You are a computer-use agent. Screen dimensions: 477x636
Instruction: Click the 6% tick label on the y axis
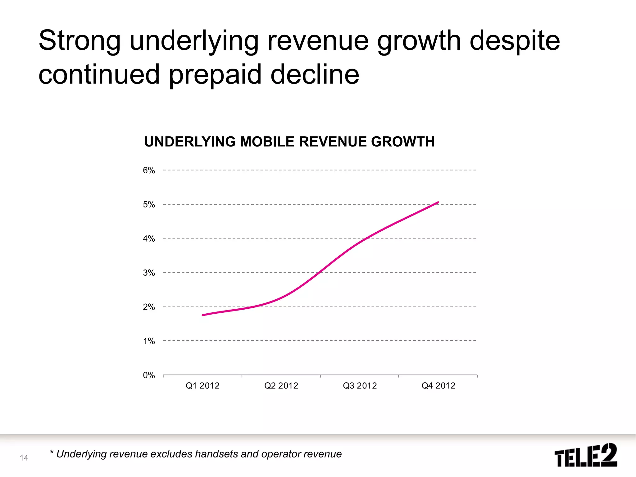(x=149, y=170)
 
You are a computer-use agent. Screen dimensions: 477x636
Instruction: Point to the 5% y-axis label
(x=149, y=204)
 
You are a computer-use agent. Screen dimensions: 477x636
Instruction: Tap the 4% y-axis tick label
(x=149, y=238)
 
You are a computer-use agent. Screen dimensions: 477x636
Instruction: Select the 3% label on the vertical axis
(x=149, y=273)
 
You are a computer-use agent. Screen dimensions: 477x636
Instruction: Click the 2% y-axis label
(x=149, y=307)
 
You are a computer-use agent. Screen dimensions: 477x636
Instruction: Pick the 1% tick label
(x=149, y=341)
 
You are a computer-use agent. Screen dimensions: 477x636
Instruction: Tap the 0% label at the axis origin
(x=149, y=375)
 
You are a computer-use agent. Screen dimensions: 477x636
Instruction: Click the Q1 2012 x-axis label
(x=202, y=386)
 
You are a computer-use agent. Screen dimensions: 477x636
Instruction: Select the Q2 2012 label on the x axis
(x=281, y=386)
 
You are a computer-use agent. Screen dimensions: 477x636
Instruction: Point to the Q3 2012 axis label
(x=360, y=386)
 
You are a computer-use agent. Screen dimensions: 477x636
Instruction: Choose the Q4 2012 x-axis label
(x=438, y=386)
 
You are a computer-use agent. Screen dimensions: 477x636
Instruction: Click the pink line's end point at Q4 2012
(x=438, y=202)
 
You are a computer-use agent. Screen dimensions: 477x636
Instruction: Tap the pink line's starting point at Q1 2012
(x=203, y=315)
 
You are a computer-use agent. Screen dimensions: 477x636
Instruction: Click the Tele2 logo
(x=585, y=455)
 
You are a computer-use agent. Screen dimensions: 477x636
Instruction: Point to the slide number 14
(x=24, y=458)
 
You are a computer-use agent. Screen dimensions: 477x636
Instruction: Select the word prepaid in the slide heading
(x=215, y=75)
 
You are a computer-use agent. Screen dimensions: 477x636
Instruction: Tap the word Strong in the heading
(x=79, y=41)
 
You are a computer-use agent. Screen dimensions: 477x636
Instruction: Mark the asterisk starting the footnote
(x=52, y=452)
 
